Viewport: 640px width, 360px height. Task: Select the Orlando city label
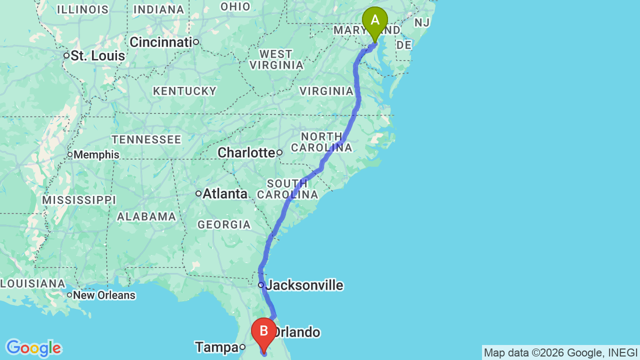[x=297, y=332]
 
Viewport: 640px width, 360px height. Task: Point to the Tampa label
[x=216, y=347]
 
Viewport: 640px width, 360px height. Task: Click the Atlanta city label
[x=225, y=193]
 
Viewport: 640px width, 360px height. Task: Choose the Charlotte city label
[x=246, y=152]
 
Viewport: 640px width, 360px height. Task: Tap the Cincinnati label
[x=161, y=42]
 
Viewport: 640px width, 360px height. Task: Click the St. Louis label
[x=97, y=55]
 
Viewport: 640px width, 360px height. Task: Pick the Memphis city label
[x=96, y=154]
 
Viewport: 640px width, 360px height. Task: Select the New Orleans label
[x=104, y=295]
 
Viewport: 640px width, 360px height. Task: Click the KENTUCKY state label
[x=185, y=91]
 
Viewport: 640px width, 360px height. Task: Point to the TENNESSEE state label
[x=146, y=139]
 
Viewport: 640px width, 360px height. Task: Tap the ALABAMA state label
[x=146, y=216]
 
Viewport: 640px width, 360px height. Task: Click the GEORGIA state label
[x=224, y=224]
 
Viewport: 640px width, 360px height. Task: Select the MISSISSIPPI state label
[x=79, y=200]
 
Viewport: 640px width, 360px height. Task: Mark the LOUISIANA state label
[x=32, y=283]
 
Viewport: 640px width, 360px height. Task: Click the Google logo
[x=33, y=348]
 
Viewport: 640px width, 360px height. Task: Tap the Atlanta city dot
[x=198, y=193]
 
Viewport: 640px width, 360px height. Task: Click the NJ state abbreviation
[x=422, y=22]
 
